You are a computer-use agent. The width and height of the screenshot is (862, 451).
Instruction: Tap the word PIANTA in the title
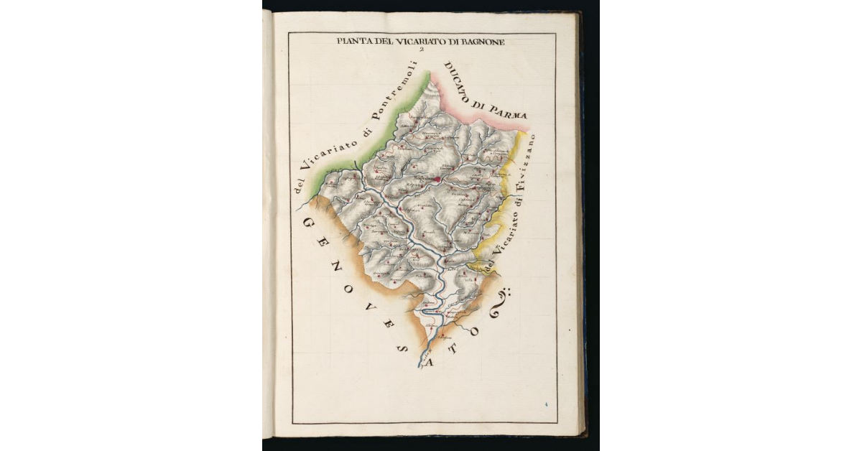tap(352, 42)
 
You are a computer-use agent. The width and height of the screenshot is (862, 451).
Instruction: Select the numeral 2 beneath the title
tap(422, 50)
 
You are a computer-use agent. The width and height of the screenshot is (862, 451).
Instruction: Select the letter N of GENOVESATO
tap(331, 271)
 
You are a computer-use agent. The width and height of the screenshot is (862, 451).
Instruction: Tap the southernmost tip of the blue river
tap(420, 368)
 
